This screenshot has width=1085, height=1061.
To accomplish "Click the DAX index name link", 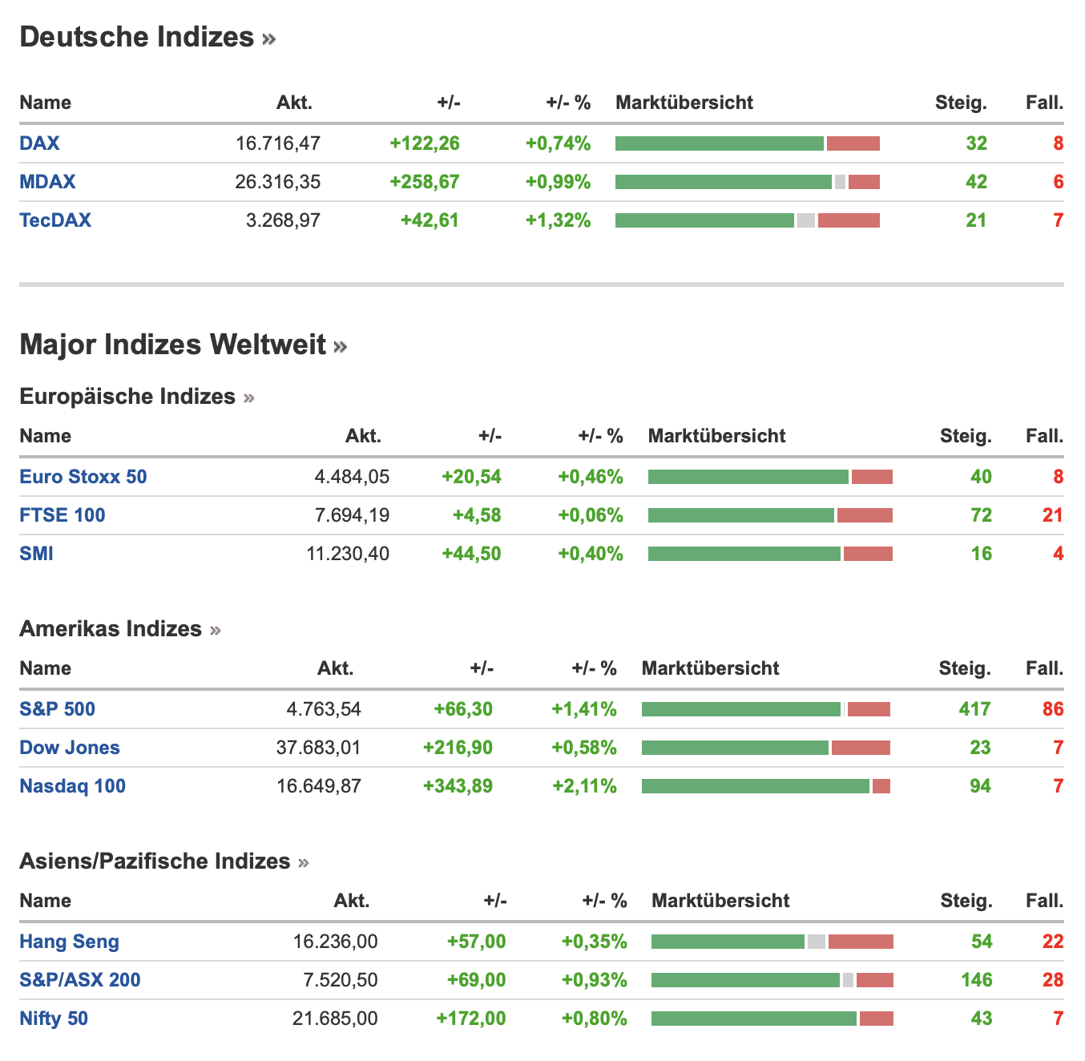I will (39, 143).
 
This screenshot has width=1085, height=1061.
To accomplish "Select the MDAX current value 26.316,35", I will (277, 182).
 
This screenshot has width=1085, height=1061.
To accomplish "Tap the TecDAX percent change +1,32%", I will (558, 220).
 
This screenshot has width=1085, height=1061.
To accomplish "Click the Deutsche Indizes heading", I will (137, 38).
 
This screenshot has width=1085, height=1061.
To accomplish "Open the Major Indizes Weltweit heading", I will (173, 345).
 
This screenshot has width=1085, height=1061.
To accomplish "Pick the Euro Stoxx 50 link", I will (83, 477).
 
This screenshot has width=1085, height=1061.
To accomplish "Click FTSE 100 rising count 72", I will (981, 515).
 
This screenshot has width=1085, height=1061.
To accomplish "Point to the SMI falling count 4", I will (1058, 554).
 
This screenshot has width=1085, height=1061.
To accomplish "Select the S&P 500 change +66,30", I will (463, 709).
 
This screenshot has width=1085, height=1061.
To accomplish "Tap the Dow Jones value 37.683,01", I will (318, 748).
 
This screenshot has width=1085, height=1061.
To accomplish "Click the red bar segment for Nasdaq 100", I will (881, 786).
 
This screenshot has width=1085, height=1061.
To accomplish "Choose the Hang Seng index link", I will (69, 942).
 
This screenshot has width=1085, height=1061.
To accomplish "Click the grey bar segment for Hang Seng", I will (816, 942).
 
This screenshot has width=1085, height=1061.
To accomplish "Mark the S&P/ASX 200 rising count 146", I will (976, 980).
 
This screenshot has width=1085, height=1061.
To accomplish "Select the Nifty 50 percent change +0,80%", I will (594, 1019).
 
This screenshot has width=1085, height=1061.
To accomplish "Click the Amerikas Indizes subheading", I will (111, 629).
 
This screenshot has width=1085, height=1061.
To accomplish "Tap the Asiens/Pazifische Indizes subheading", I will (155, 861).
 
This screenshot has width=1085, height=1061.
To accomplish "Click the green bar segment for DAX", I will (719, 143).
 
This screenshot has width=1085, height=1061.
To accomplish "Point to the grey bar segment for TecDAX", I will (805, 220).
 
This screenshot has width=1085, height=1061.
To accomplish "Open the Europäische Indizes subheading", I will (127, 397).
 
